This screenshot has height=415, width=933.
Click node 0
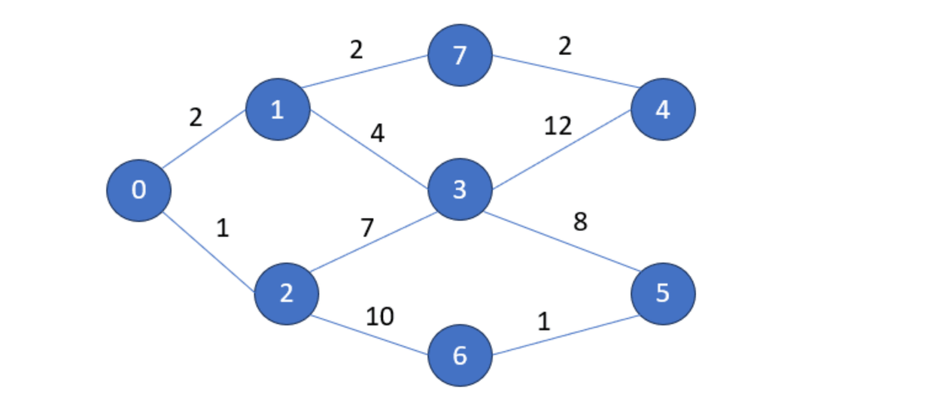click(x=138, y=190)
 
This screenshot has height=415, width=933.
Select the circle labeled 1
click(x=278, y=110)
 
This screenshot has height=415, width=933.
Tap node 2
click(x=286, y=293)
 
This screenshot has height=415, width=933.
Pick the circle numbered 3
click(x=460, y=190)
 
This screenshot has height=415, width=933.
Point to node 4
click(x=663, y=110)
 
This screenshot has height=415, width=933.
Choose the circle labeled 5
click(x=663, y=293)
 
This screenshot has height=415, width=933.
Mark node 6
click(x=460, y=355)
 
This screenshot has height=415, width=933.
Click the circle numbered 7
click(x=460, y=55)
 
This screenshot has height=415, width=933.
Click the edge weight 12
click(x=558, y=126)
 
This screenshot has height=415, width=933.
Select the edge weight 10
click(x=380, y=317)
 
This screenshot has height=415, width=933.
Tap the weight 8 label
click(x=579, y=223)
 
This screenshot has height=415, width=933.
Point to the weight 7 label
click(x=366, y=227)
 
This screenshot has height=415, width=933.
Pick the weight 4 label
click(x=377, y=134)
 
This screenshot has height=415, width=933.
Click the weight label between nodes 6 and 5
click(x=543, y=323)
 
